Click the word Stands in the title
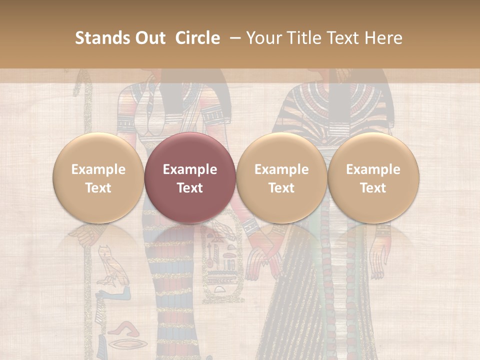pyautogui.click(x=103, y=38)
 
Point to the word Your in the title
pyautogui.click(x=263, y=38)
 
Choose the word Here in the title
pyautogui.click(x=382, y=38)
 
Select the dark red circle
pyautogui.click(x=190, y=177)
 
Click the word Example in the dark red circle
pyautogui.click(x=190, y=169)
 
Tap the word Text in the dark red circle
pyautogui.click(x=190, y=188)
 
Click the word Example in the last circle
pyautogui.click(x=373, y=169)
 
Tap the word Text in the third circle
pyautogui.click(x=281, y=188)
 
